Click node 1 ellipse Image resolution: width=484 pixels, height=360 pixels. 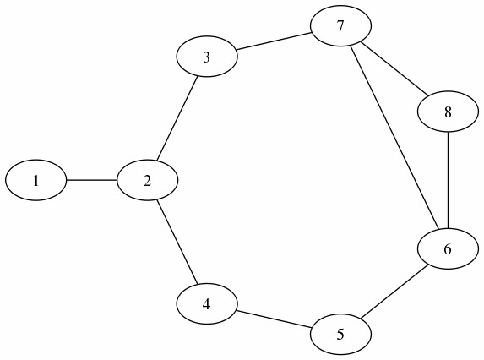point(36,180)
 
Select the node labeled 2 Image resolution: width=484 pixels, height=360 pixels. point(147,180)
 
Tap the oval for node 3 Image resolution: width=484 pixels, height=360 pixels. point(207,57)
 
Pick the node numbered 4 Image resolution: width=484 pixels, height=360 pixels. point(207,304)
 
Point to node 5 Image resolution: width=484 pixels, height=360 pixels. point(340,335)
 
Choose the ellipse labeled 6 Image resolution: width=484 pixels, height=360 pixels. point(448,248)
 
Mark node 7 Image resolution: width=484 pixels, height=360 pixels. point(340,26)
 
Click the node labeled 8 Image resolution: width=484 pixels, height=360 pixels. point(448,112)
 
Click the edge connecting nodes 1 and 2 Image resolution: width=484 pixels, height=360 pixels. point(92,180)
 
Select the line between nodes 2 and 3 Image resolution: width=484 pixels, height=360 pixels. point(177,118)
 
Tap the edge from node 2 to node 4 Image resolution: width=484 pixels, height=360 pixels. point(177,242)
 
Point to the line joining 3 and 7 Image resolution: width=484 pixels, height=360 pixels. point(274,41)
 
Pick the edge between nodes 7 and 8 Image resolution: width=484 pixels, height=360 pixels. point(394,68)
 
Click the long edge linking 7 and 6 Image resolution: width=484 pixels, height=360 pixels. point(394,138)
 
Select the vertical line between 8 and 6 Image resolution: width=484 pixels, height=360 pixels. point(448,180)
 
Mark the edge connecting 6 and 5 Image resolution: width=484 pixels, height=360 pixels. point(394,292)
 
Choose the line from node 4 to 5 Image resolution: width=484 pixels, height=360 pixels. point(274,319)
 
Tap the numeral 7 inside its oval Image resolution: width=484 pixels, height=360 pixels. point(340,26)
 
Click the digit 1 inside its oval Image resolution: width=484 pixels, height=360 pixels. point(36,181)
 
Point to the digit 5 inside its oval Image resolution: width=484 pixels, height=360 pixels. point(340,335)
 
